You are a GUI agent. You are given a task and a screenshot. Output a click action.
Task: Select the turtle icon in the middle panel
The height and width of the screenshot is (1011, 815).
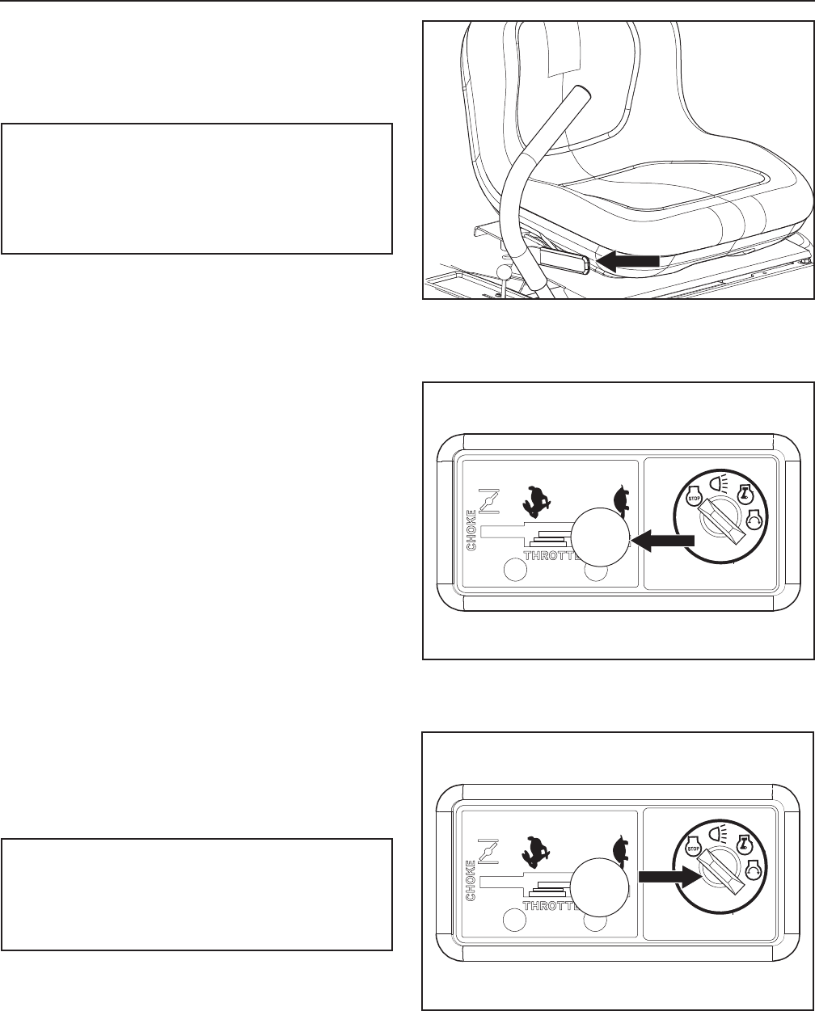pos(620,499)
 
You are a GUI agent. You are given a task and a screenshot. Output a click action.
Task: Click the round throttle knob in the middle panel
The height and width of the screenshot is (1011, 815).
pos(598,540)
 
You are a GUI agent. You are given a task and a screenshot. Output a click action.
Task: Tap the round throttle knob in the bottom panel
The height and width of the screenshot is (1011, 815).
pos(598,887)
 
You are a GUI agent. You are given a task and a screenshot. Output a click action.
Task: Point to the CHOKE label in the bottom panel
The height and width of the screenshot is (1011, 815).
pos(471,871)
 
